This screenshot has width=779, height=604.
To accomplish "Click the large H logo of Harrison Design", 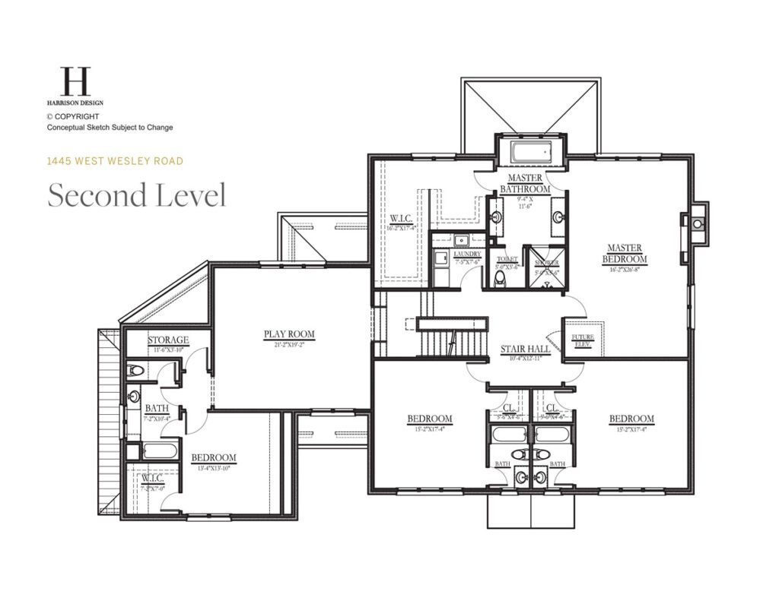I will pyautogui.click(x=75, y=81).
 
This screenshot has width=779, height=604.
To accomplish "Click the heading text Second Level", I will pyautogui.click(x=137, y=195).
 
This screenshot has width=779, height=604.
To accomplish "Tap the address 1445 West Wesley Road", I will pyautogui.click(x=115, y=161).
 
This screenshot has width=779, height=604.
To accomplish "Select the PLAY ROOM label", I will pyautogui.click(x=289, y=334).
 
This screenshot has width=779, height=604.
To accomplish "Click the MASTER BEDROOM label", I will pyautogui.click(x=624, y=254).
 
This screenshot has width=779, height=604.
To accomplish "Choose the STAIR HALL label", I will pyautogui.click(x=525, y=350).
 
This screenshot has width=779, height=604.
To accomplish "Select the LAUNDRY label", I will pyautogui.click(x=467, y=255).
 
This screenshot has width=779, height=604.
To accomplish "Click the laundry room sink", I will pyautogui.click(x=461, y=241).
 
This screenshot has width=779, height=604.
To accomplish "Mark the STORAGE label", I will pyautogui.click(x=168, y=340).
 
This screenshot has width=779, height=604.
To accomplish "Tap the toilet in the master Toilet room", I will pyautogui.click(x=500, y=279).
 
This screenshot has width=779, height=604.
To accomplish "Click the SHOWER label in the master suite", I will pyautogui.click(x=546, y=262).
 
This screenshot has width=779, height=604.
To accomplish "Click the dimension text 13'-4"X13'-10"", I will pyautogui.click(x=213, y=468).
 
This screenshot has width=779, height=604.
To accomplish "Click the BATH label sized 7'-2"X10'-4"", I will pyautogui.click(x=157, y=409).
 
